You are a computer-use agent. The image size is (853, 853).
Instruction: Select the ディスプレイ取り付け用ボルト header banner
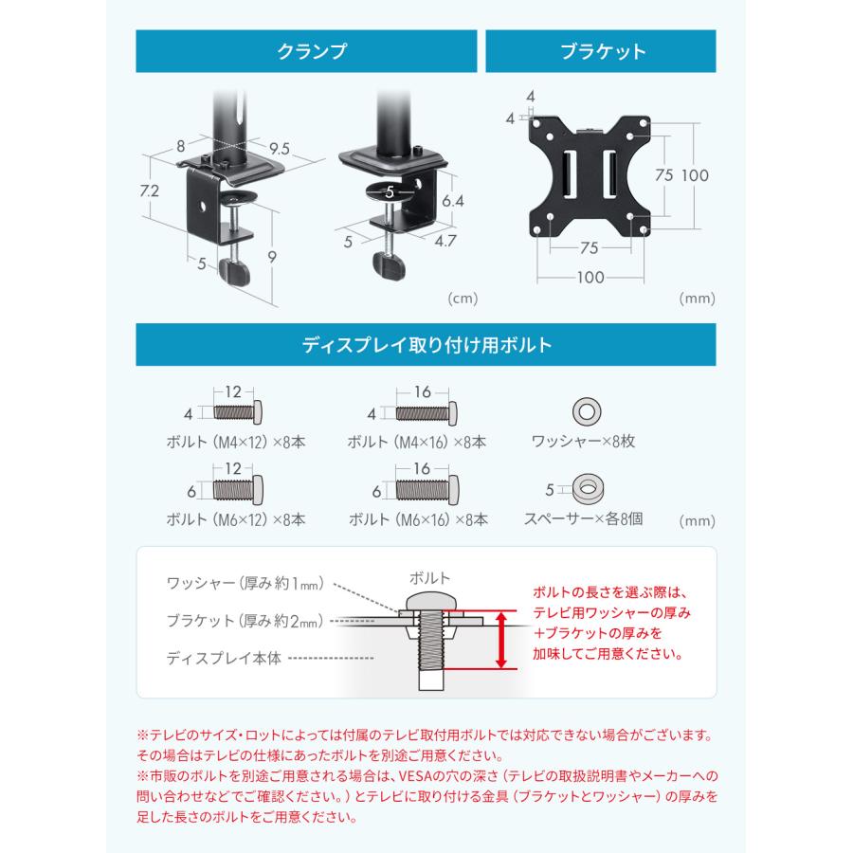(x=426, y=346)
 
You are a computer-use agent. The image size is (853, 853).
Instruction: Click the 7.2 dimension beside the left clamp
(x=148, y=191)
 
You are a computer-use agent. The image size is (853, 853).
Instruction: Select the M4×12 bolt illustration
(x=238, y=412)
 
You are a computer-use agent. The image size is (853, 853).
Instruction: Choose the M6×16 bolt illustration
(x=426, y=490)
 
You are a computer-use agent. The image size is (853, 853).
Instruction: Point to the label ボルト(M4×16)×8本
(x=417, y=442)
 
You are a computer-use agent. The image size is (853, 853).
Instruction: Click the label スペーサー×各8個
(x=584, y=519)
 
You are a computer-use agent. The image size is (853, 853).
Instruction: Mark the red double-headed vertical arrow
(x=501, y=639)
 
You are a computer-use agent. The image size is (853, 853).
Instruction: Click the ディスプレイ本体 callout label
(x=224, y=658)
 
